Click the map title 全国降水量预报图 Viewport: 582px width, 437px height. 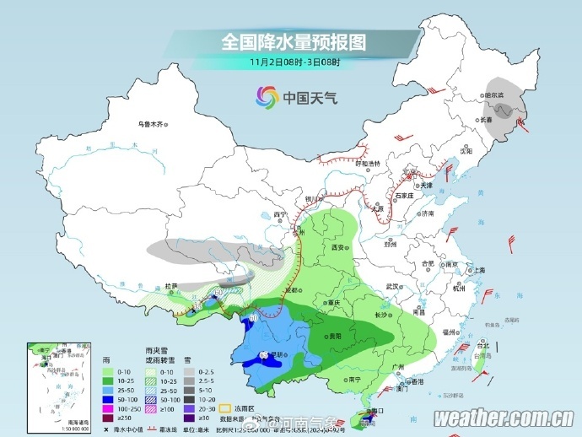(x=294, y=41)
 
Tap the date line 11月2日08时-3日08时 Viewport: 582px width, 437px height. (x=294, y=62)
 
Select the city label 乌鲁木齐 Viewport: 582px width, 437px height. (x=150, y=124)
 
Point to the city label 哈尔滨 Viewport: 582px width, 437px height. (x=493, y=95)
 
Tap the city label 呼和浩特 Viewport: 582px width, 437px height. (x=368, y=163)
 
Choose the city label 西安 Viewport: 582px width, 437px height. (x=339, y=249)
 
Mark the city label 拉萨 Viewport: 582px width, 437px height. (x=171, y=287)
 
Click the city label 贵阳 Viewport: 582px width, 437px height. (x=336, y=335)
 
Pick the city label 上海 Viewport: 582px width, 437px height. (x=479, y=270)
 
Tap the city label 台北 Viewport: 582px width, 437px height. (x=482, y=346)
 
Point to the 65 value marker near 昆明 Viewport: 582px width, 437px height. (x=262, y=353)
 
